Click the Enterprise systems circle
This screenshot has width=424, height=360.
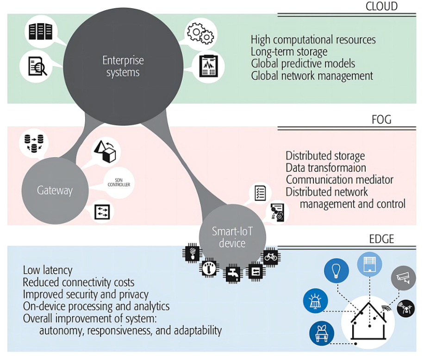coord(123,66)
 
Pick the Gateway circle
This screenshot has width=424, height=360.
coord(55,190)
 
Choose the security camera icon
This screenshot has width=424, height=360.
coord(400,278)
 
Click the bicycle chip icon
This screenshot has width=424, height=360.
coord(270,256)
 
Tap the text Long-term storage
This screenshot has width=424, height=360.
coord(289,51)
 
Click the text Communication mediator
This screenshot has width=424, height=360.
coord(339,179)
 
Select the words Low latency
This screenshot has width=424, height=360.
coord(48,270)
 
